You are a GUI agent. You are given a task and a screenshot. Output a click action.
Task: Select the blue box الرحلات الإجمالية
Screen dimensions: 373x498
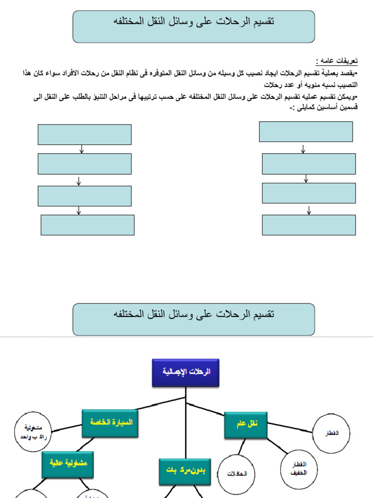click(x=186, y=373)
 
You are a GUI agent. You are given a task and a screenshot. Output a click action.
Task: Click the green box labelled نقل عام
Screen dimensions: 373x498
click(x=246, y=425)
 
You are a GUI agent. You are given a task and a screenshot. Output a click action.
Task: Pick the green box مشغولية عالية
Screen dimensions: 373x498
click(x=68, y=463)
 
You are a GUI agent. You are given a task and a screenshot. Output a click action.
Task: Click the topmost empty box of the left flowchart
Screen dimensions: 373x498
click(x=85, y=135)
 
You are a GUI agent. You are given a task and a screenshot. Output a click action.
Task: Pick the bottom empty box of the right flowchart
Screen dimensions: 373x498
click(x=309, y=225)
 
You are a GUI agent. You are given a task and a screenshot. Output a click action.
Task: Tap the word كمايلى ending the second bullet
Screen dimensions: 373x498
click(x=305, y=107)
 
